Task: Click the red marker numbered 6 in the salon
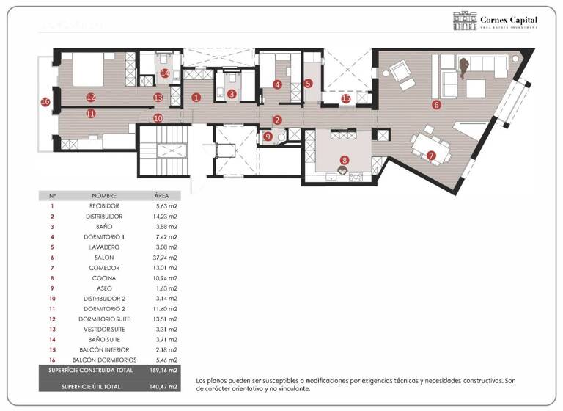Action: coord(436,105)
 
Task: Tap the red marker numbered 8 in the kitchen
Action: coord(344,159)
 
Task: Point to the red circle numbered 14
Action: coord(165,73)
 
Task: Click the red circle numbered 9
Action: coord(268,136)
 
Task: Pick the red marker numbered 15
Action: coord(346,98)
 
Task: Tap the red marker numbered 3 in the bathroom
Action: coord(232,93)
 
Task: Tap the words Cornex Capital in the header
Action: coord(509,18)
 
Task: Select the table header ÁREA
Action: coord(162,196)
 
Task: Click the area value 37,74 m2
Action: coord(166,258)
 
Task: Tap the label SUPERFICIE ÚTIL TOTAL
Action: coord(92,386)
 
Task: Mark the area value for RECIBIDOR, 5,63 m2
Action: coord(166,206)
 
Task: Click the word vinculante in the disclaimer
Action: coord(295,389)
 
